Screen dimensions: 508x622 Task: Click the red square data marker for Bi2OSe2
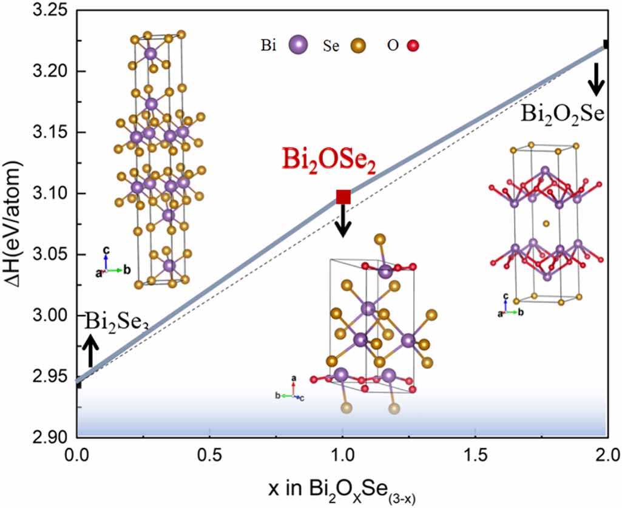tap(343, 197)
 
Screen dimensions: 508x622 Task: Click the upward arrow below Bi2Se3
tap(90, 350)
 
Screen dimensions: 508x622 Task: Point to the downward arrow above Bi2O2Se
tap(597, 79)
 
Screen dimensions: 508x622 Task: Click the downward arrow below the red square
tap(343, 222)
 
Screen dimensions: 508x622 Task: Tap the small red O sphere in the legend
tap(414, 46)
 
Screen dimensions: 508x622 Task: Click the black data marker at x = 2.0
tap(606, 44)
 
